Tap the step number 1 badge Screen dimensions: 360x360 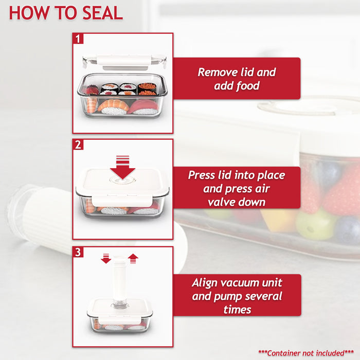pos(78,39)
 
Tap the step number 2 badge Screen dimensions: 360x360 pos(78,145)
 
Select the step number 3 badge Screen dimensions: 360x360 pos(78,252)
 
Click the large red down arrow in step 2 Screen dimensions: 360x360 pos(122,167)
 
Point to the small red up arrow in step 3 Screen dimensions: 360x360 pos(133,258)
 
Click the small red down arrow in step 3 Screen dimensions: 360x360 pos(106,258)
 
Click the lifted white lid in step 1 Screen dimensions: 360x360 pos(123,61)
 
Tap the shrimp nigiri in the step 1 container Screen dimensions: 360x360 pos(113,106)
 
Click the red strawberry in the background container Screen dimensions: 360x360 pos(339,193)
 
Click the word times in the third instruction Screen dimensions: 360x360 pos(237,309)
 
